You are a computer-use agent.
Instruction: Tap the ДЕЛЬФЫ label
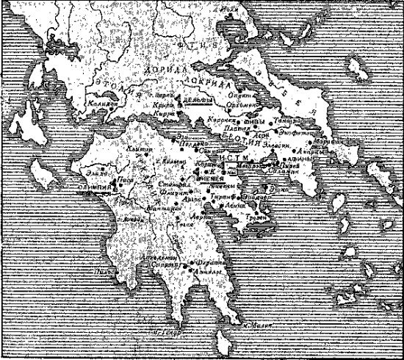[197, 100]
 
